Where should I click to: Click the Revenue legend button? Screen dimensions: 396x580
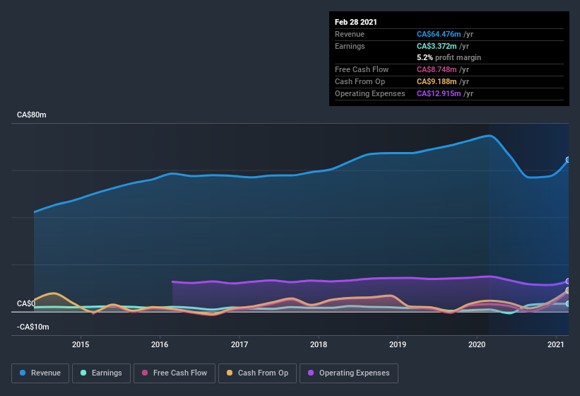(41, 373)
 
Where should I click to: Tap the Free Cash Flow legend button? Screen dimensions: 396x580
(174, 373)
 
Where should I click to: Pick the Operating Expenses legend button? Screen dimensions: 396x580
(349, 373)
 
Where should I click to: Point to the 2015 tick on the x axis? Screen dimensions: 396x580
(81, 344)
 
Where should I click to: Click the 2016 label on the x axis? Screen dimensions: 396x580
(160, 344)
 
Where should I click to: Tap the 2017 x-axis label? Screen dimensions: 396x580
(239, 344)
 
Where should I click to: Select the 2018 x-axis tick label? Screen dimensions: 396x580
(319, 344)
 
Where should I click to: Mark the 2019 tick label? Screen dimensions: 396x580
(398, 344)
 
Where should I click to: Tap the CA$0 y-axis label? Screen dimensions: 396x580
(26, 303)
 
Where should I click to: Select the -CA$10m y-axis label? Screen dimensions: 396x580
(33, 327)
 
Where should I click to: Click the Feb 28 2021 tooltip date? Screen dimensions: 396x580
(356, 22)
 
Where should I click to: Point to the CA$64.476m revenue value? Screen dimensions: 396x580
(438, 34)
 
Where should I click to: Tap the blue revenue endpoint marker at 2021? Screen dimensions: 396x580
(568, 160)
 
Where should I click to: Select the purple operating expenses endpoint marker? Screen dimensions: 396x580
(568, 281)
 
